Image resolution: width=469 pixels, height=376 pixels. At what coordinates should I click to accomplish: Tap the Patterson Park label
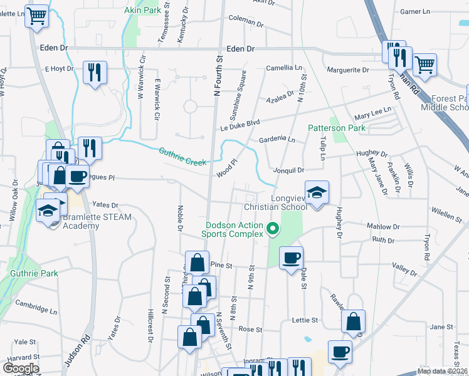tap(335, 128)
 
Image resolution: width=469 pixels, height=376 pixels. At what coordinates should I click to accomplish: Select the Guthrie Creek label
tap(182, 157)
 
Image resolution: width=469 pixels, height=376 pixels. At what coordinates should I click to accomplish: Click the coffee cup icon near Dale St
tap(291, 258)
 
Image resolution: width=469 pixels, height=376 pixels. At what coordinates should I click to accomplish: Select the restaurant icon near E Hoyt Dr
tap(95, 71)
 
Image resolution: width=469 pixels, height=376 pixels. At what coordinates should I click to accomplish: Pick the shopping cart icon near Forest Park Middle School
tap(425, 64)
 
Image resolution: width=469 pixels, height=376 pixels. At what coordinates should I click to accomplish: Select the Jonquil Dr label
tap(288, 170)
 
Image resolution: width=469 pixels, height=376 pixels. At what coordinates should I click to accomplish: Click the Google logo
tap(21, 368)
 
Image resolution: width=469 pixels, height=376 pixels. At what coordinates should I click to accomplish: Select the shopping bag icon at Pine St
tap(198, 262)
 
